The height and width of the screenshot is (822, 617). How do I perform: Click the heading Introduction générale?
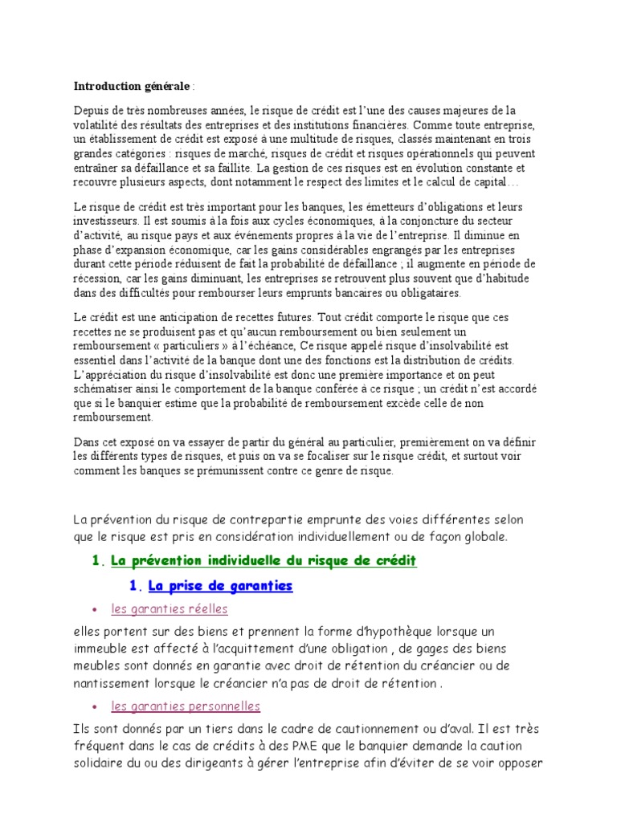click(132, 86)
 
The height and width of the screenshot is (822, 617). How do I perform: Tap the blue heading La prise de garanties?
click(220, 586)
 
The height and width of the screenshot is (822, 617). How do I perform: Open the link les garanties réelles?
click(170, 609)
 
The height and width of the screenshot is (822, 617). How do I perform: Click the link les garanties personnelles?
click(186, 706)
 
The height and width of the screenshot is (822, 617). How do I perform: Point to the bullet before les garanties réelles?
click(96, 610)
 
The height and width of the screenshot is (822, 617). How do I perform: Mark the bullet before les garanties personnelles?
click(96, 707)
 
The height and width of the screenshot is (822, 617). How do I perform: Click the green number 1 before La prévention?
click(96, 560)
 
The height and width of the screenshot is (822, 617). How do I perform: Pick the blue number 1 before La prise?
click(134, 586)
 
